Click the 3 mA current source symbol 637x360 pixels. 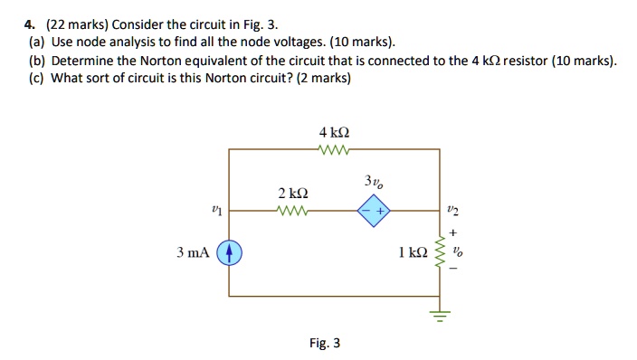pyautogui.click(x=230, y=253)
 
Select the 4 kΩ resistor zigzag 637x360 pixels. pyautogui.click(x=335, y=149)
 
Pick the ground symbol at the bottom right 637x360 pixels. pyautogui.click(x=442, y=315)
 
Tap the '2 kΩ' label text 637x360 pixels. pyautogui.click(x=293, y=194)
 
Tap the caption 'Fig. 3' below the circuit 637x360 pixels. pyautogui.click(x=324, y=343)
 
